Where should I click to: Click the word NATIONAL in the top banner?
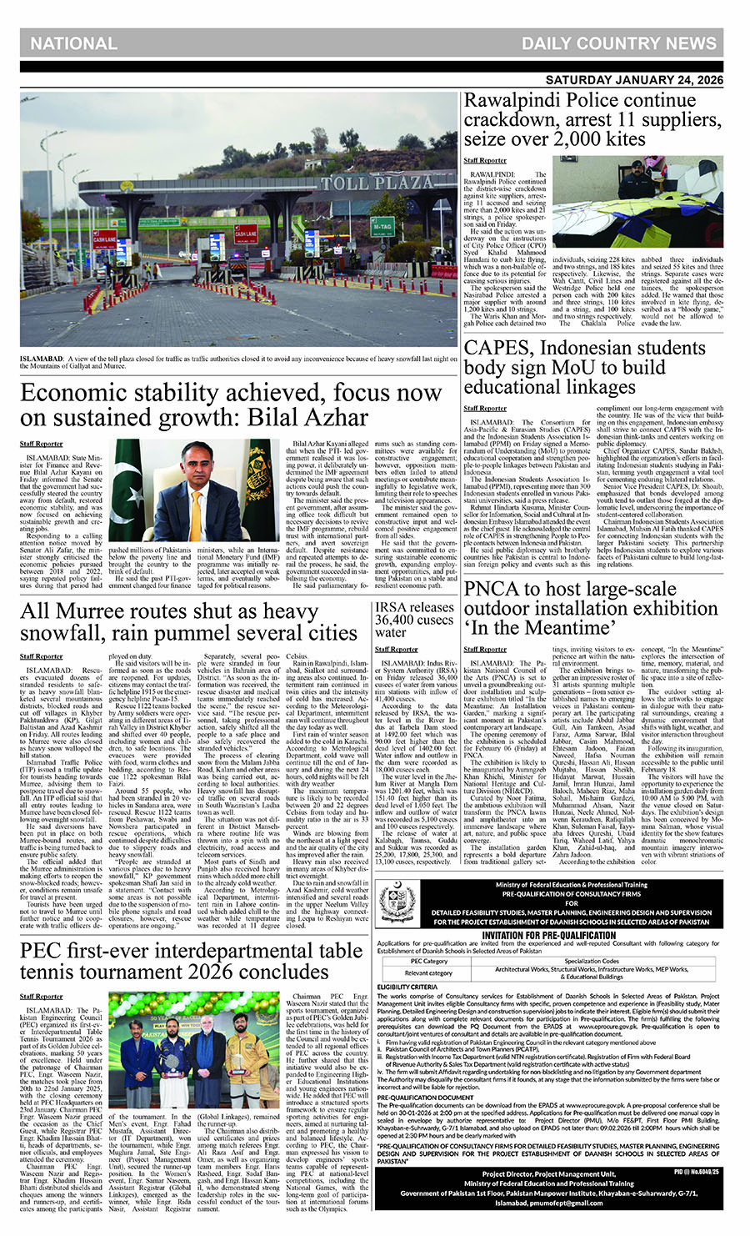click(73, 43)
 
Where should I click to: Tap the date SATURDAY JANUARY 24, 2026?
click(634, 80)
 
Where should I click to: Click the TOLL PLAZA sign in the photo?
click(367, 182)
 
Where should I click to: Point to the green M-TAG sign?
click(382, 226)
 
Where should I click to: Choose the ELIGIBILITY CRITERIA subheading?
click(407, 987)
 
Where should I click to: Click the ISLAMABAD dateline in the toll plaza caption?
click(44, 359)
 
